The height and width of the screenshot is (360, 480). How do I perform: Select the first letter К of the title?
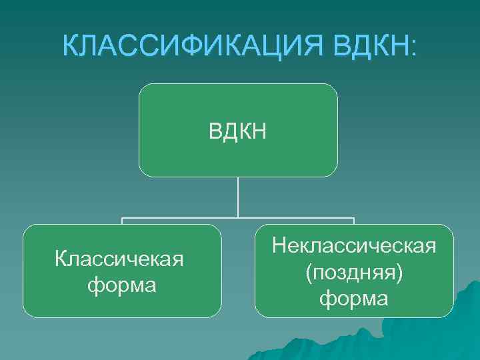pyautogui.click(x=71, y=46)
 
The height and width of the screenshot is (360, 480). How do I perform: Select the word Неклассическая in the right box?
pyautogui.click(x=354, y=247)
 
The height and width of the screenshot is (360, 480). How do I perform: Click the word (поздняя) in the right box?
pyautogui.click(x=354, y=273)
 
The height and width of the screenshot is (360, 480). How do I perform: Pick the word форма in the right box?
pyautogui.click(x=354, y=298)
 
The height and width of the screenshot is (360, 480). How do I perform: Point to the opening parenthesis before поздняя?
pyautogui.click(x=309, y=273)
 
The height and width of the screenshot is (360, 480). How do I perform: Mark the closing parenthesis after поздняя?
pyautogui.click(x=399, y=273)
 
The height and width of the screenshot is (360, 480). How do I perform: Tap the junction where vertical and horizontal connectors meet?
pyautogui.click(x=238, y=219)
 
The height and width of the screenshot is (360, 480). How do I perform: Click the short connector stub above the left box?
pyautogui.click(x=122, y=221)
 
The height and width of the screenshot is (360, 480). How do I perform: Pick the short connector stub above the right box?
pyautogui.click(x=354, y=221)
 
